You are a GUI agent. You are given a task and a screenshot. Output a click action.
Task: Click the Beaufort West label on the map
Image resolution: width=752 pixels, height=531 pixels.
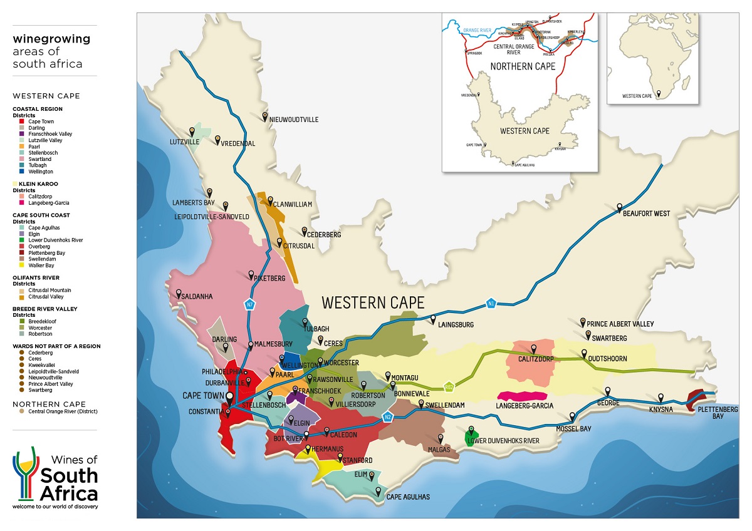pyautogui.click(x=646, y=214)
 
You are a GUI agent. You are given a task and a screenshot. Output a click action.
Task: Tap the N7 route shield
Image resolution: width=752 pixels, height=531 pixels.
pyautogui.click(x=249, y=304)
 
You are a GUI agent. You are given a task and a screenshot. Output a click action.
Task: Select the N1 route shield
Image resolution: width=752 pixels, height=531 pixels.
pyautogui.click(x=491, y=304)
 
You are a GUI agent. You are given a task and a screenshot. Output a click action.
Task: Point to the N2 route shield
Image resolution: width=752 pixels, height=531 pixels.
pyautogui.click(x=387, y=417)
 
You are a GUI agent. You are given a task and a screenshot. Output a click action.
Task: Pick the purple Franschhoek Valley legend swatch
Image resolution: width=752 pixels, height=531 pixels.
pyautogui.click(x=22, y=134)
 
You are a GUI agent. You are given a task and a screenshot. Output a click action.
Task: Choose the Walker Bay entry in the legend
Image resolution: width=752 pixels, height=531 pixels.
pyautogui.click(x=41, y=265)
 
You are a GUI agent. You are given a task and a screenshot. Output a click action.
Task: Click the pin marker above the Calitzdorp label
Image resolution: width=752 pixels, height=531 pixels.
pyautogui.click(x=534, y=348)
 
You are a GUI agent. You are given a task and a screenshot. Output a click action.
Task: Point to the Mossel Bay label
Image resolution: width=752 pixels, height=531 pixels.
pyautogui.click(x=574, y=429)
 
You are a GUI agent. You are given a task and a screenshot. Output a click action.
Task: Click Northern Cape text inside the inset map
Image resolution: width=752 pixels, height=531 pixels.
pyautogui.click(x=523, y=66)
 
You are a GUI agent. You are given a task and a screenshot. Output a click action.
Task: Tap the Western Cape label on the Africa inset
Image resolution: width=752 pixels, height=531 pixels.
pyautogui.click(x=637, y=96)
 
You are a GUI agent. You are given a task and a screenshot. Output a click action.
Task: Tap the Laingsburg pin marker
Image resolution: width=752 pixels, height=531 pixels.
pyautogui.click(x=432, y=317)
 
